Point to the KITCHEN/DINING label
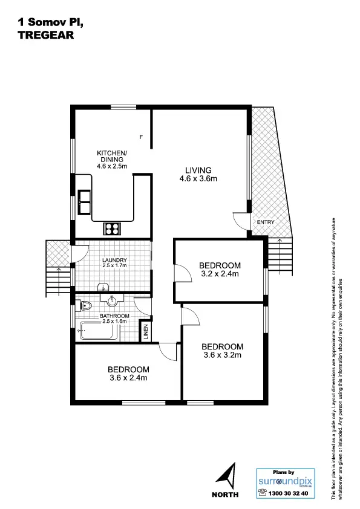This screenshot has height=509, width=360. pyautogui.click(x=112, y=156)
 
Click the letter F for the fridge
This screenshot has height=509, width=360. pyautogui.click(x=141, y=137)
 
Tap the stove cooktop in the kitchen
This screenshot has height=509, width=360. pyautogui.click(x=113, y=228)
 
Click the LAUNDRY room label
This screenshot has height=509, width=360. pyautogui.click(x=114, y=261)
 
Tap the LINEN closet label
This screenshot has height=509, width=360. pyautogui.click(x=145, y=332)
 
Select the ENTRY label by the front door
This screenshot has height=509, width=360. pyautogui.click(x=265, y=222)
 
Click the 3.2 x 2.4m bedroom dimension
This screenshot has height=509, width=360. pyautogui.click(x=220, y=274)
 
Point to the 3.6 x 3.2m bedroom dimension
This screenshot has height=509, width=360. pyautogui.click(x=222, y=355)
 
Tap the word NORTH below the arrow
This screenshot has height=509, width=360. pyautogui.click(x=225, y=494)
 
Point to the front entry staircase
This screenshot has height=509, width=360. pyautogui.click(x=280, y=254)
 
